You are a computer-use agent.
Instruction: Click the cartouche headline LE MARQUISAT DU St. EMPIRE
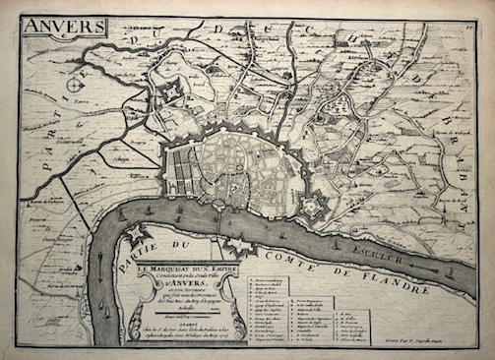194,262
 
